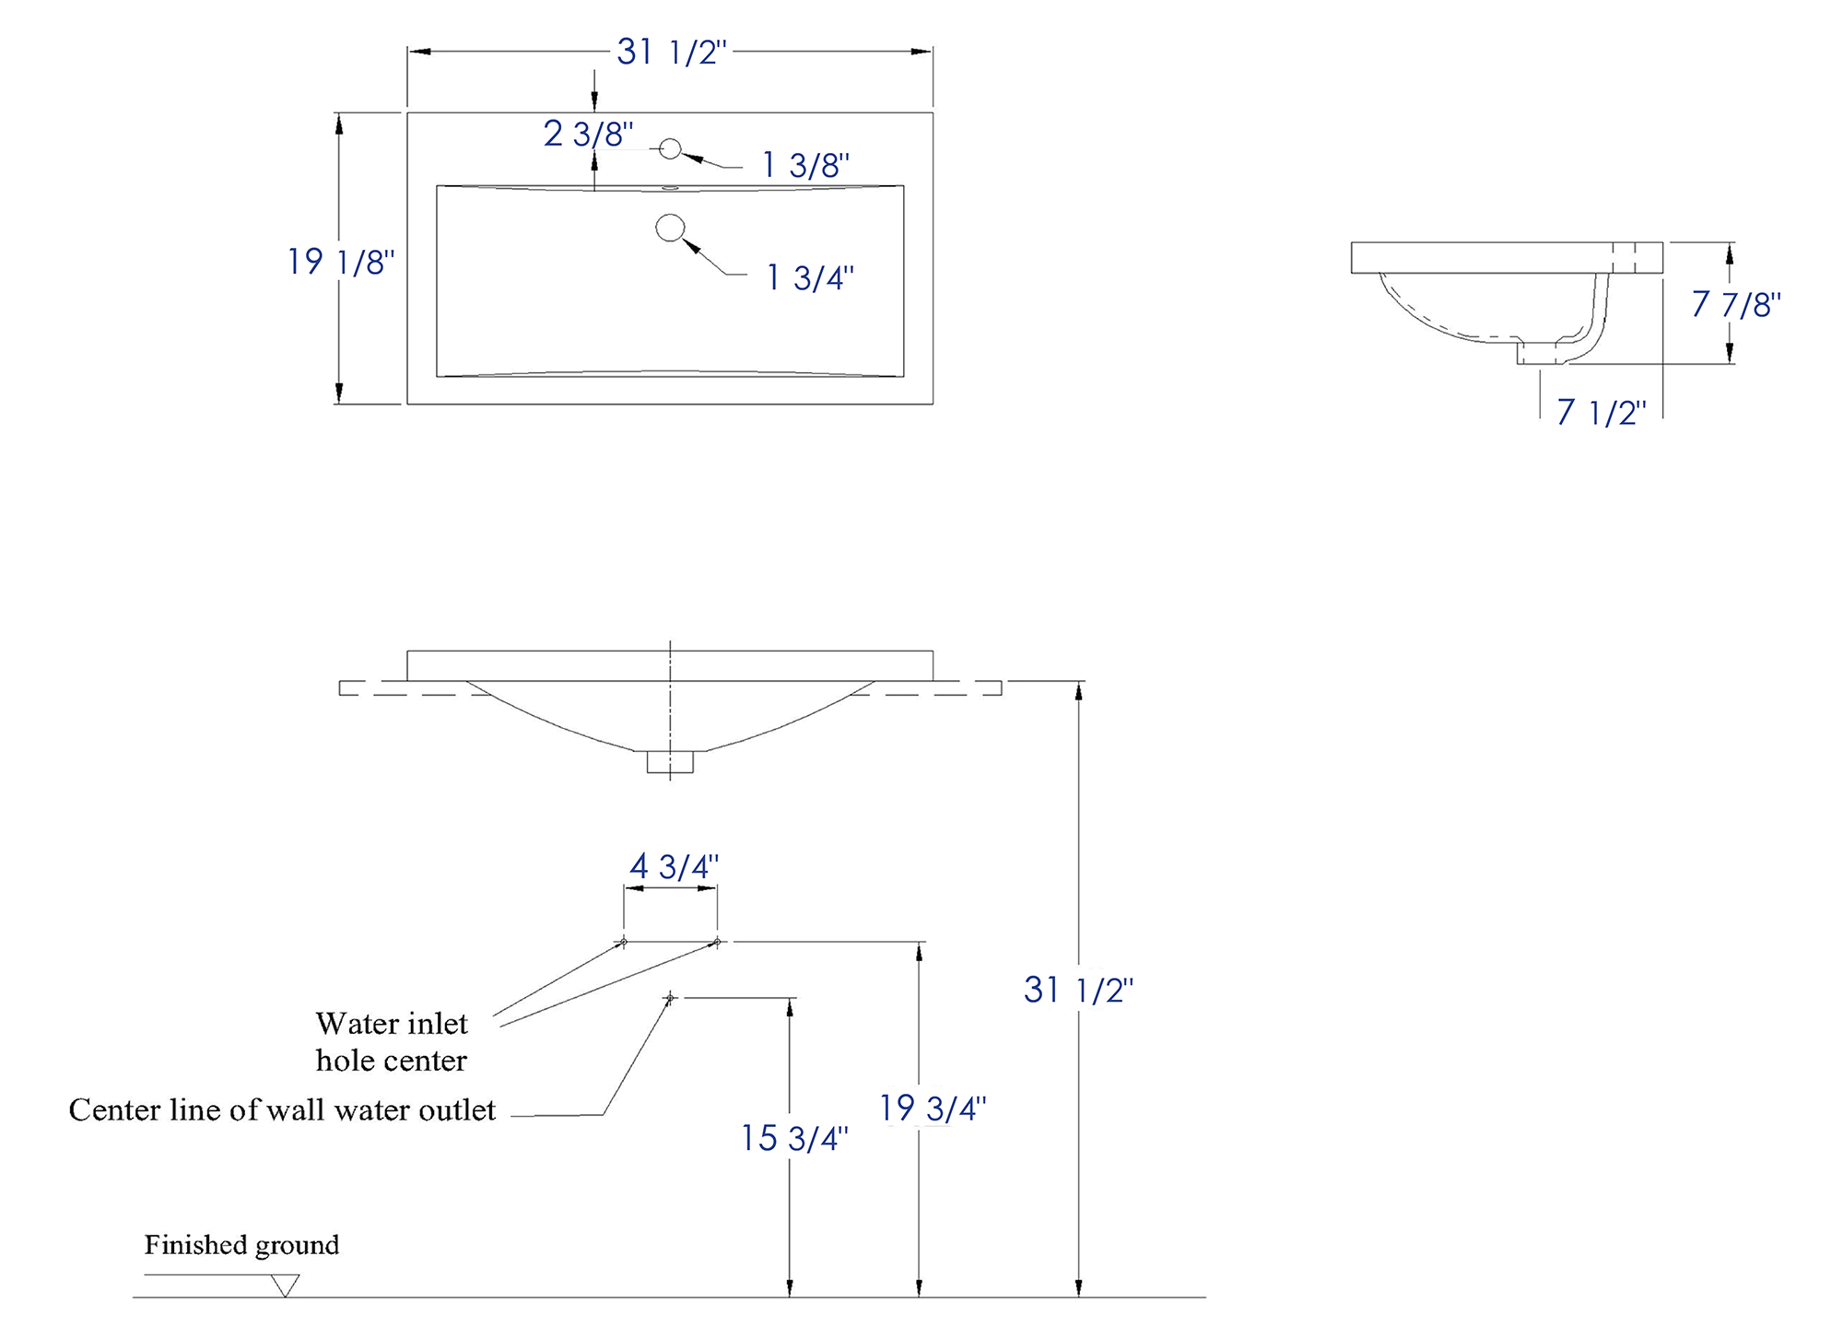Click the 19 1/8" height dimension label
[x=341, y=262]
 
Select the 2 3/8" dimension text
[x=588, y=134]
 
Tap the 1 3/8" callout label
[x=805, y=165]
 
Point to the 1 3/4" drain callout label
[x=810, y=277]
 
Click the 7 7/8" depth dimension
[x=1736, y=304]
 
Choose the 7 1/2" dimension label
[x=1602, y=412]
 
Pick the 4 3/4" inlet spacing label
[x=674, y=866]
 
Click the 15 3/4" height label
[x=794, y=1138]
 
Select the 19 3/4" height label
[x=933, y=1108]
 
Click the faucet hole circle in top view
[x=670, y=148]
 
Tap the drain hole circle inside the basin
[x=670, y=228]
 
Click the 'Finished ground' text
[x=241, y=1246]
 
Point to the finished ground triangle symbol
[x=286, y=1285]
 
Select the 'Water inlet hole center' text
[x=392, y=1042]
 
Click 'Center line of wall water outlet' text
[x=282, y=1110]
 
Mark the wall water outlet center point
[x=670, y=998]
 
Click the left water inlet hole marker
[x=624, y=942]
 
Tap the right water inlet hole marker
[x=717, y=942]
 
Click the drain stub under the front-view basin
[x=670, y=762]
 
